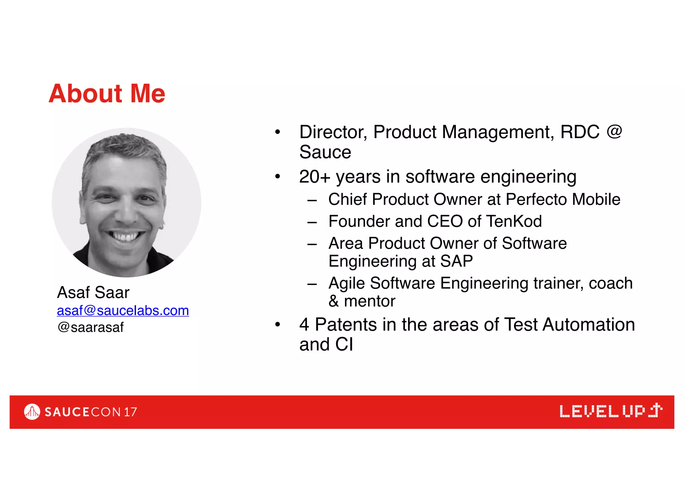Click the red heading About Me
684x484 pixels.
pos(107,93)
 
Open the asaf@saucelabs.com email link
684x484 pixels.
pos(123,310)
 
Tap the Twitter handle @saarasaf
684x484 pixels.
pos(91,327)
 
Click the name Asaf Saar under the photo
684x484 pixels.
pos(93,292)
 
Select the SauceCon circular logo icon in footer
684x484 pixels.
pos(32,412)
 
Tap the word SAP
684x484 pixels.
pos(457,261)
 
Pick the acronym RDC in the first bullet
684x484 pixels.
pos(580,132)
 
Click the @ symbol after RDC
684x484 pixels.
pos(615,131)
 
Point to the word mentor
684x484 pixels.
pos(370,301)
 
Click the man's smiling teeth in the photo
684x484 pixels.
pos(126,236)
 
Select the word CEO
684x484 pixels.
pos(445,221)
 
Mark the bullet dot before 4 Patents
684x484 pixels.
pos(278,324)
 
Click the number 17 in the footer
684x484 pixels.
pos(130,412)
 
